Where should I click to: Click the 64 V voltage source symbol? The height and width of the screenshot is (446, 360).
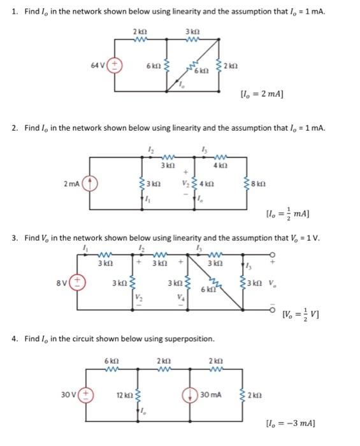click(x=116, y=66)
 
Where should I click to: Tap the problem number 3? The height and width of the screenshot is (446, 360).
click(x=15, y=238)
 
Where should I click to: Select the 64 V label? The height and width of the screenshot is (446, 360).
click(x=97, y=66)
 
